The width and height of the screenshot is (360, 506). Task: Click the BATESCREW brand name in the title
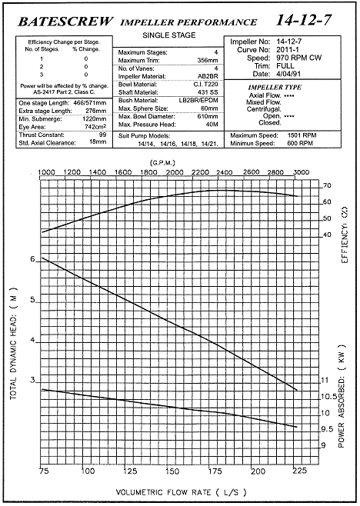point(65,22)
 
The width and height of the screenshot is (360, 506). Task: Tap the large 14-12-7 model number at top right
point(304,20)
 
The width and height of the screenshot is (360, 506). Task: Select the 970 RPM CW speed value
point(299,58)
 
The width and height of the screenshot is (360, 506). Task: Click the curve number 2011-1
point(288,50)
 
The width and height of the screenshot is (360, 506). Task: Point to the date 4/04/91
point(288,74)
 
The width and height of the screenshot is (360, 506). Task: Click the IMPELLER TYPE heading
point(275,87)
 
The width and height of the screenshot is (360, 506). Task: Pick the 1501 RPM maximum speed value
point(302,135)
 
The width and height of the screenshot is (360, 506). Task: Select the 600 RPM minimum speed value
point(300,143)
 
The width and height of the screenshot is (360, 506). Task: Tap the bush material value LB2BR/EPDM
point(198,101)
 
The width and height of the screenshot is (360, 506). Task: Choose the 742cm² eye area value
point(95,127)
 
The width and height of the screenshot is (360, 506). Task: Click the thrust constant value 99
point(102,135)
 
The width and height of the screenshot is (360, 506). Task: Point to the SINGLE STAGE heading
point(169,35)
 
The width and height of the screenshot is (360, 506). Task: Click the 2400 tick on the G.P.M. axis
point(224,172)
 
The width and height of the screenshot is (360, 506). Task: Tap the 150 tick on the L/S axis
point(172,471)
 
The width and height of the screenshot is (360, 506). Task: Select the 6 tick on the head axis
point(32,259)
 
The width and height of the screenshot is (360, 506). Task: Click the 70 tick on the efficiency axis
point(327,185)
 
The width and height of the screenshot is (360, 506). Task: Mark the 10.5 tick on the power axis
point(328,397)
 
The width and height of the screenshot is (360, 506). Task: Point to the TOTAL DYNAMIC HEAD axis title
point(13,343)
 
